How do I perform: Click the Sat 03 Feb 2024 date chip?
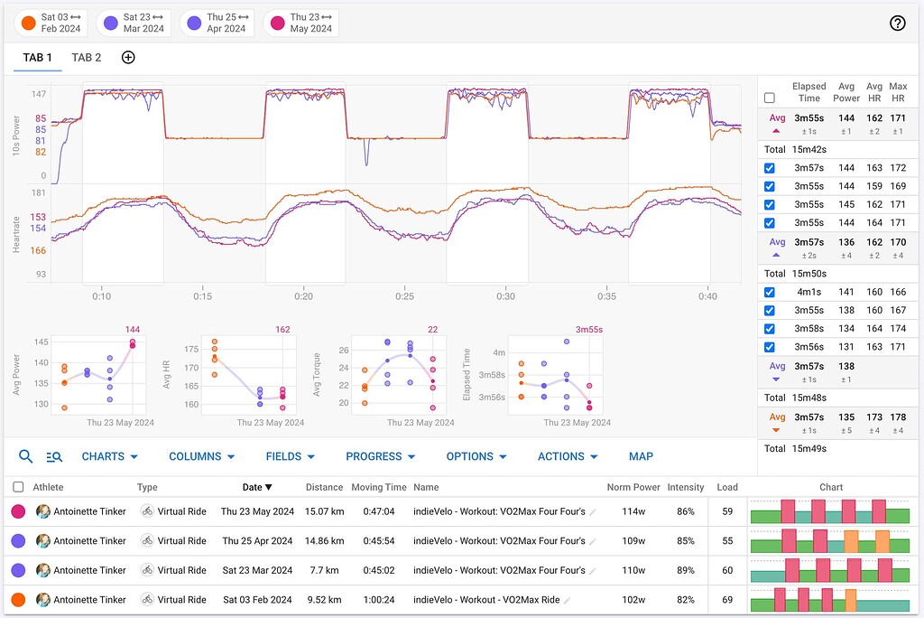[x=51, y=23]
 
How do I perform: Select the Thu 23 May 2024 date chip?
[x=301, y=23]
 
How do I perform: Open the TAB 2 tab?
[x=87, y=58]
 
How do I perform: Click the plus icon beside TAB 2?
[x=128, y=58]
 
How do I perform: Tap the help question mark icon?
[x=897, y=23]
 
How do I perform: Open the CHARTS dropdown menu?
[x=109, y=456]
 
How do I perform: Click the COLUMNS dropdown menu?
[x=201, y=456]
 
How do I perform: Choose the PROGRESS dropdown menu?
[x=380, y=456]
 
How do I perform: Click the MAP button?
[x=641, y=456]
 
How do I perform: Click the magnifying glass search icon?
[x=26, y=456]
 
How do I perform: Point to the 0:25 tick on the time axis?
[x=404, y=296]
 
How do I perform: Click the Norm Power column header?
[x=633, y=487]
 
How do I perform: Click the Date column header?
[x=256, y=487]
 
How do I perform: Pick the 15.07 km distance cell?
[x=324, y=511]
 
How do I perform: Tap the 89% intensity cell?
[x=685, y=570]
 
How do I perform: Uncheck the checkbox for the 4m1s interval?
[x=769, y=292]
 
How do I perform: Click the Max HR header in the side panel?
[x=897, y=92]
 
